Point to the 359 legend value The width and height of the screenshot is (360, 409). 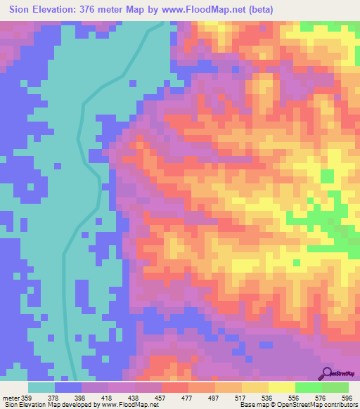coord(27,398)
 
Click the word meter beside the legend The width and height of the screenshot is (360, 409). coord(11,398)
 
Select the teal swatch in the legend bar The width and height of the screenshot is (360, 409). coord(41,387)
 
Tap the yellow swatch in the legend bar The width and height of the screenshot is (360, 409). coord(282,387)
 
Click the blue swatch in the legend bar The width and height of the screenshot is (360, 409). coord(68,387)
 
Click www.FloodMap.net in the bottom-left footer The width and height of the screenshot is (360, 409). coord(123,405)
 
